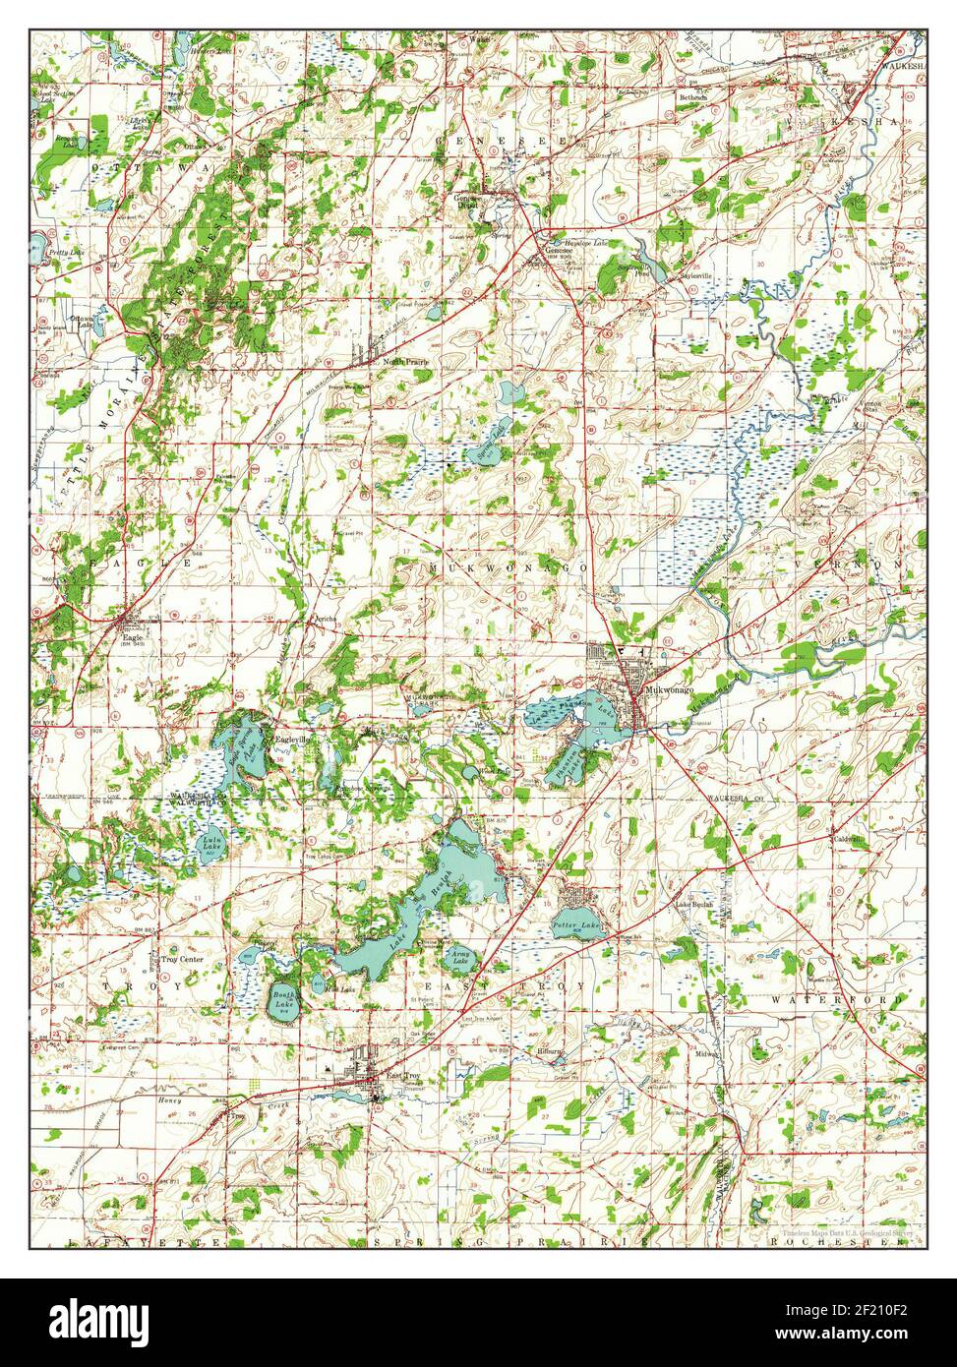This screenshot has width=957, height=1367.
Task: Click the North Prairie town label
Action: click(406, 362)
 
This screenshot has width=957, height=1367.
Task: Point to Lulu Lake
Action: click(211, 844)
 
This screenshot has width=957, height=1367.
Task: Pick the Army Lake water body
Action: click(459, 955)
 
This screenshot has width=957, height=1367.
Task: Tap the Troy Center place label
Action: click(182, 959)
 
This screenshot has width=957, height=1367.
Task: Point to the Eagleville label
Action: click(293, 740)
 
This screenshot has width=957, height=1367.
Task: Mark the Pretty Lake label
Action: click(61, 254)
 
